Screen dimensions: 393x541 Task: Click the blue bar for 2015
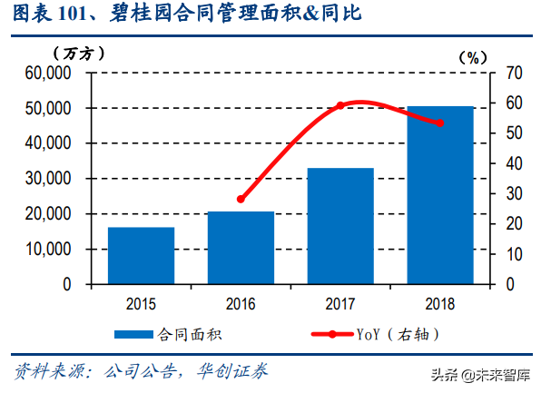click(141, 255)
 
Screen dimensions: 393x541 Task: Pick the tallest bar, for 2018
click(440, 194)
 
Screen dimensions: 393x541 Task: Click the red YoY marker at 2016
click(241, 199)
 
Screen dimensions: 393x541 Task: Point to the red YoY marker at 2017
click(340, 106)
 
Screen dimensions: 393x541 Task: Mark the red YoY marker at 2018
click(440, 123)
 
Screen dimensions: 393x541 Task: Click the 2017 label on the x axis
click(340, 302)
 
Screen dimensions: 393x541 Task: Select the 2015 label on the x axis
click(141, 302)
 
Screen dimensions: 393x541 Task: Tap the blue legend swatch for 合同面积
click(136, 335)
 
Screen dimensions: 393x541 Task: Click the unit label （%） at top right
click(472, 56)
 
